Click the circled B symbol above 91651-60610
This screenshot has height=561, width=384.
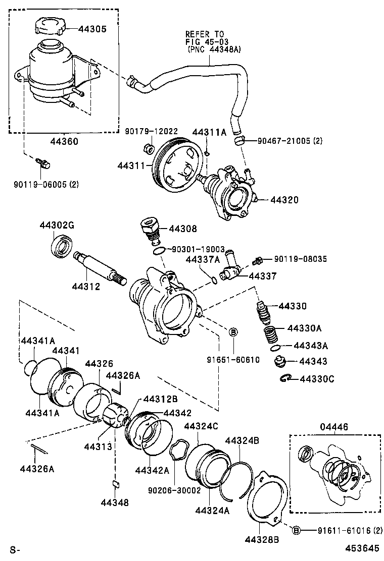[x=233, y=332]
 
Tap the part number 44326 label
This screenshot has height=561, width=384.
[x=99, y=363]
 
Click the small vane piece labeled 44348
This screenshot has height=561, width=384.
[x=115, y=483]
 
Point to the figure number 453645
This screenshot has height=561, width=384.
[x=362, y=548]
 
